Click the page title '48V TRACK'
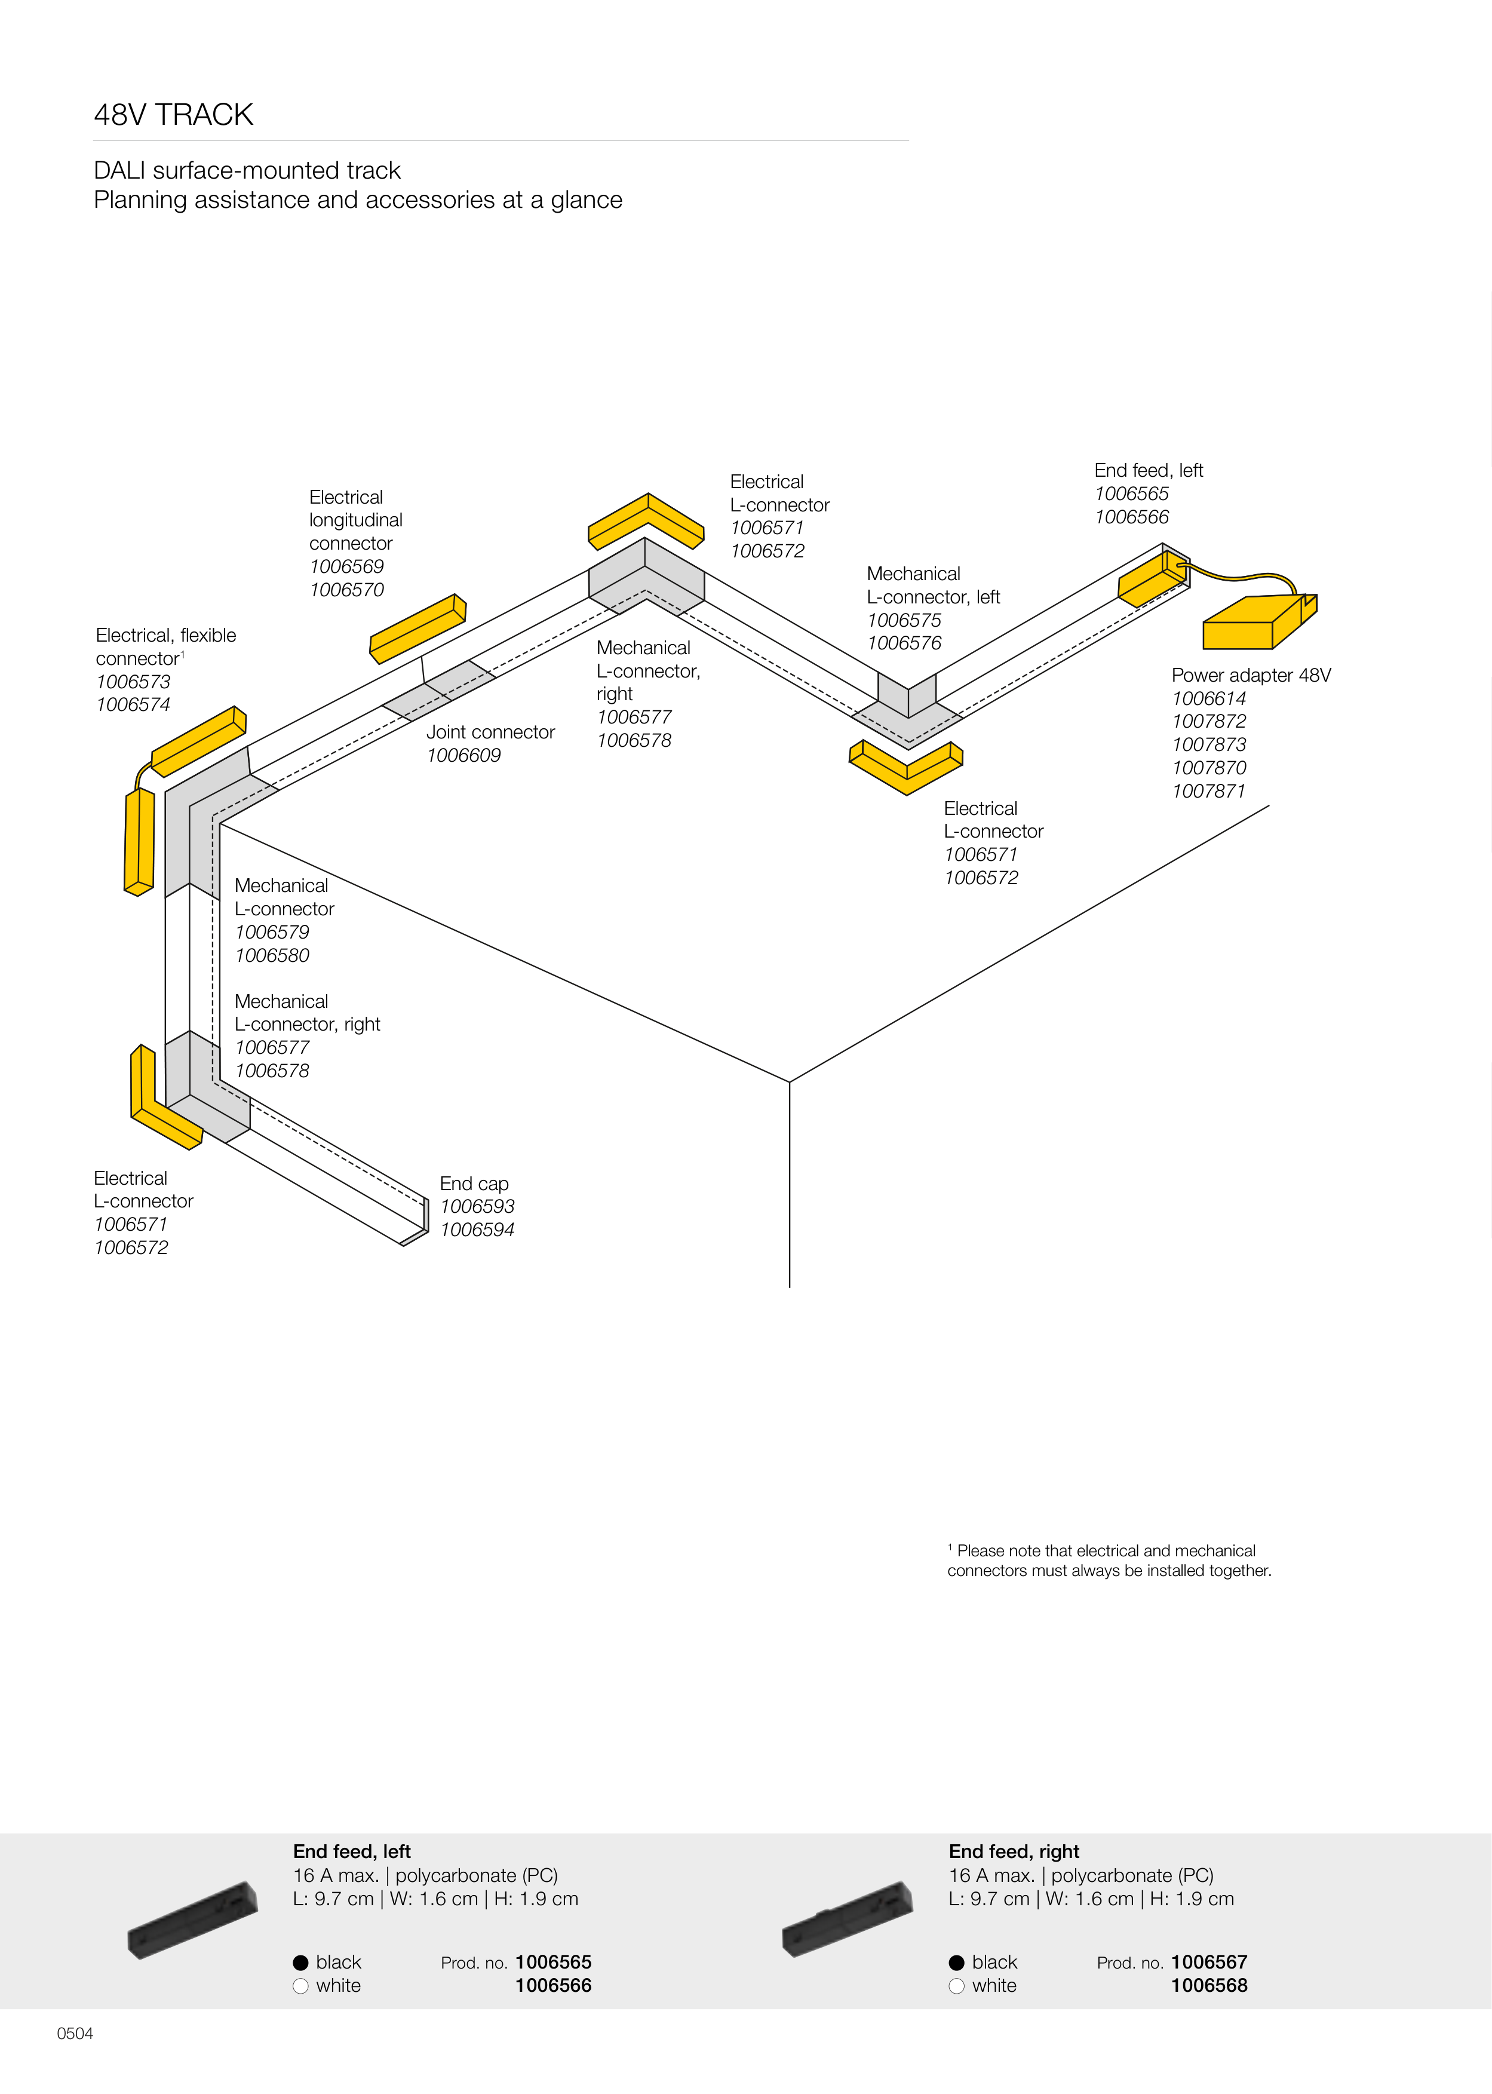click(x=174, y=115)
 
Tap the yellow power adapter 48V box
click(x=1250, y=625)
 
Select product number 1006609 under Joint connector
click(x=464, y=755)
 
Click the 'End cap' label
click(x=474, y=1184)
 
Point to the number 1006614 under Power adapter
click(x=1209, y=698)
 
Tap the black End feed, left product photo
click(x=193, y=1920)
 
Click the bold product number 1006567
click(x=1209, y=1962)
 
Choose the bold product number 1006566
click(x=553, y=1986)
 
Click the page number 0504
click(x=75, y=2033)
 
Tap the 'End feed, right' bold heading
click(x=1014, y=1851)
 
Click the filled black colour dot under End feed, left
click(x=300, y=1963)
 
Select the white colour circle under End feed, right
click(x=956, y=1986)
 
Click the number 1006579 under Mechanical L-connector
click(x=272, y=931)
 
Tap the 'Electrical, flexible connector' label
click(x=165, y=647)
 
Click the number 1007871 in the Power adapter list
click(x=1209, y=791)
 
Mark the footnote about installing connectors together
click(x=1109, y=1560)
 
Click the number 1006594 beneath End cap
click(x=477, y=1230)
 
